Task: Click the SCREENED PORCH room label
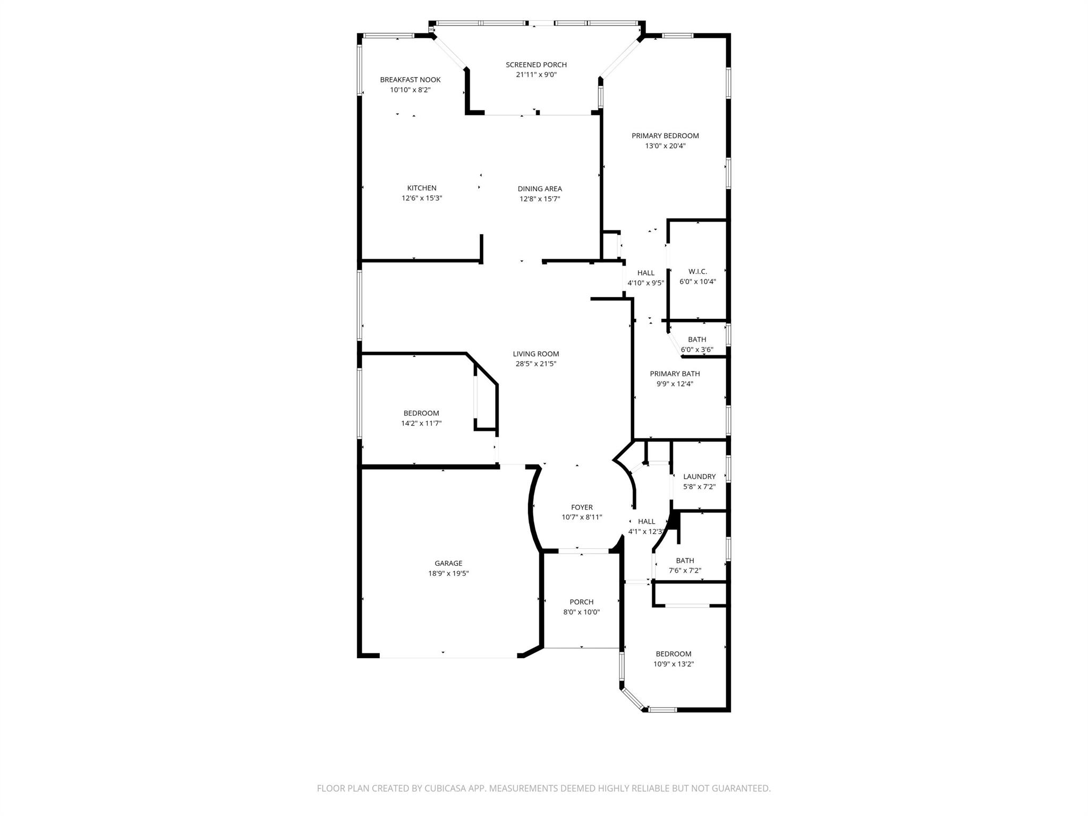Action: click(x=536, y=65)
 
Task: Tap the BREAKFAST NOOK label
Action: click(x=410, y=80)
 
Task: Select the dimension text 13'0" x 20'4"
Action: click(x=665, y=146)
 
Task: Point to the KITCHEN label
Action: click(x=422, y=188)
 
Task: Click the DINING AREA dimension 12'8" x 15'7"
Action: click(x=540, y=199)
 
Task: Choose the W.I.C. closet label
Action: click(x=698, y=271)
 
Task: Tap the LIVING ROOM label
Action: click(x=536, y=354)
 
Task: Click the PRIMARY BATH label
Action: click(x=675, y=374)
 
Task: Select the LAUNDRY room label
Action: click(x=699, y=477)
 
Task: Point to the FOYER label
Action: click(x=582, y=507)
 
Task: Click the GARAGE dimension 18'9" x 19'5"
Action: click(x=448, y=574)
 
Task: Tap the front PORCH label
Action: click(x=581, y=602)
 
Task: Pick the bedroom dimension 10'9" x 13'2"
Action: click(x=674, y=664)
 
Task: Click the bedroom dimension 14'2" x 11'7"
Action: click(x=421, y=423)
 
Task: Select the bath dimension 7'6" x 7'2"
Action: click(x=685, y=571)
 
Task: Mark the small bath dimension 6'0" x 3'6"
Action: click(x=697, y=350)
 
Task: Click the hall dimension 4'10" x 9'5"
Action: click(x=645, y=283)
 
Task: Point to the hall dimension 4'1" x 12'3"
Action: click(x=646, y=532)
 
